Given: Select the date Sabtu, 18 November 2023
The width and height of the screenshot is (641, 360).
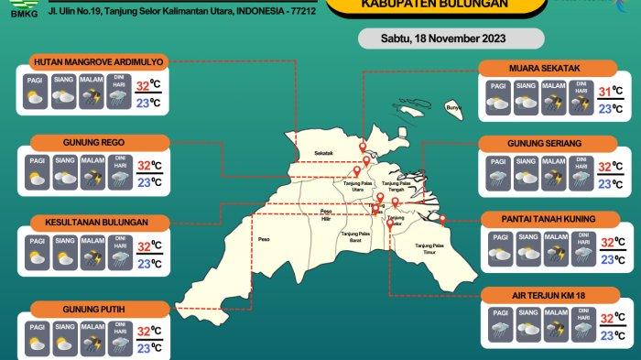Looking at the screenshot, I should tap(444, 39).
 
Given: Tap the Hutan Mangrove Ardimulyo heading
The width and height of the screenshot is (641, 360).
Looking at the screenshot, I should tap(98, 62).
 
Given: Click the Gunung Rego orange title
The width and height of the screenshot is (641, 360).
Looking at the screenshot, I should tap(100, 143).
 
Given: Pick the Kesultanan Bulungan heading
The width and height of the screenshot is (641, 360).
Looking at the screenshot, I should tap(100, 223).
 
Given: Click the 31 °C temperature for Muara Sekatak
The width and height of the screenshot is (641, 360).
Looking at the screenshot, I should tap(606, 90).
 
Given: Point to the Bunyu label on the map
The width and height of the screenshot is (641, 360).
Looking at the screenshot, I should tap(451, 108).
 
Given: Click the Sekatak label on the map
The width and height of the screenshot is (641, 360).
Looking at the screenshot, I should tap(323, 152).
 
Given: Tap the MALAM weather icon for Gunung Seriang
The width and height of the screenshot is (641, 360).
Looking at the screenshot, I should tap(554, 173).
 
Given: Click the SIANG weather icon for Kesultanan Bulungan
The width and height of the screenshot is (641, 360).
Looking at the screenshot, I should tap(64, 254).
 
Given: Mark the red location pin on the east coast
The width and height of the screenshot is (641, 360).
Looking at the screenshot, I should tap(441, 219).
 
